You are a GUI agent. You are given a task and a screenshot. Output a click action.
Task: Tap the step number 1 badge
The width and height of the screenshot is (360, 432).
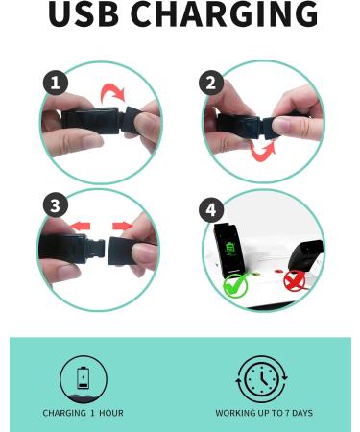55,84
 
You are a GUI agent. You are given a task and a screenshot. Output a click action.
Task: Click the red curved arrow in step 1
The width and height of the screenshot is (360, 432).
114,92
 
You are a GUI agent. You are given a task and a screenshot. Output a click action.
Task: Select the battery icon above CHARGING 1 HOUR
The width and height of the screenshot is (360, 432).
83,378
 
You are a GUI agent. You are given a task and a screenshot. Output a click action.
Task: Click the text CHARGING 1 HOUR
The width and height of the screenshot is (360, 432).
83,414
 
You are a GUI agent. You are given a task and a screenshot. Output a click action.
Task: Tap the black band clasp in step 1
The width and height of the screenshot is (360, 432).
96,122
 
